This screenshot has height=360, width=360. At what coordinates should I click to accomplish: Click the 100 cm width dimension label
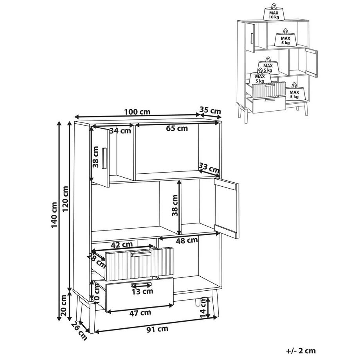[x=137, y=112]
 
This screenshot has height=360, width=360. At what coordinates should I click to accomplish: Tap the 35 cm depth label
[x=210, y=110]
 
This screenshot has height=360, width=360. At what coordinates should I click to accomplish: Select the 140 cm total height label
[x=54, y=215]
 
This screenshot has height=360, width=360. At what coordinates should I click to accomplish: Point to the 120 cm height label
[x=65, y=199]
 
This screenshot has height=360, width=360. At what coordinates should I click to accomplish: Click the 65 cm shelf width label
[x=177, y=128]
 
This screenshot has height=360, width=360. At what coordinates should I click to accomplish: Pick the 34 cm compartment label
[x=120, y=131]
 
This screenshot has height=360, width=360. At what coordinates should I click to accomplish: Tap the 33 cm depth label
[x=209, y=168]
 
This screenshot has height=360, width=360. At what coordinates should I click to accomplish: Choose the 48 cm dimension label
[x=187, y=240]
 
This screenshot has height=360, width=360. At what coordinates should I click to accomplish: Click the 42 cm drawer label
[x=122, y=245]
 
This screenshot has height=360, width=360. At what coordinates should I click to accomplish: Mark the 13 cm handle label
[x=142, y=292]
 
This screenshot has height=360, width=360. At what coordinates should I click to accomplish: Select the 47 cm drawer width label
[x=140, y=313]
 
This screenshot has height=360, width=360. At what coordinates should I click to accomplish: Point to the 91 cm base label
[x=157, y=329]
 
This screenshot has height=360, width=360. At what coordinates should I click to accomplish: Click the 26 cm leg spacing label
[x=79, y=331]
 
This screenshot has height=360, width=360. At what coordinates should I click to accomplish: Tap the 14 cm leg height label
[x=203, y=307]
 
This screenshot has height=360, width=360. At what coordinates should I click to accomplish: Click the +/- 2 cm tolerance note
[x=301, y=351]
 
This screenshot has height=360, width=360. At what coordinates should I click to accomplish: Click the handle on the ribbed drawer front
[x=141, y=255]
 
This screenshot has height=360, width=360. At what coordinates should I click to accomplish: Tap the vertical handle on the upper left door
[x=104, y=158]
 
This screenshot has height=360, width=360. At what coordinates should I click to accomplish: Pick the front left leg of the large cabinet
[x=92, y=318]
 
